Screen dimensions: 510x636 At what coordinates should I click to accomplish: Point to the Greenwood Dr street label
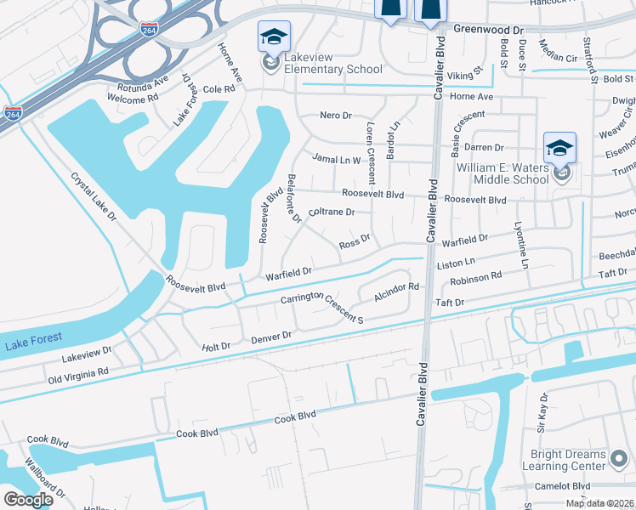(x=489, y=29)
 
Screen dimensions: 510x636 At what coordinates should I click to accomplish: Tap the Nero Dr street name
(x=335, y=115)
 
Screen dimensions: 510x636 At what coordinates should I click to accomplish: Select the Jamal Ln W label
(x=337, y=159)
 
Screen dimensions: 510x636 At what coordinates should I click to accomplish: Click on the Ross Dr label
(x=355, y=243)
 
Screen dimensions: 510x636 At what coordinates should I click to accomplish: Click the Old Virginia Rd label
(x=78, y=373)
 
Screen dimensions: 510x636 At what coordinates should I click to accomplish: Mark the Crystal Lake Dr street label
(x=94, y=196)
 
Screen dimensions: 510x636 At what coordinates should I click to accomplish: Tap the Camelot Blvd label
(x=567, y=486)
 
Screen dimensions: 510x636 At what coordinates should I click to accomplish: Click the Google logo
(x=28, y=499)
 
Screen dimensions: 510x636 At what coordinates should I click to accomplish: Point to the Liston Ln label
(x=455, y=264)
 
